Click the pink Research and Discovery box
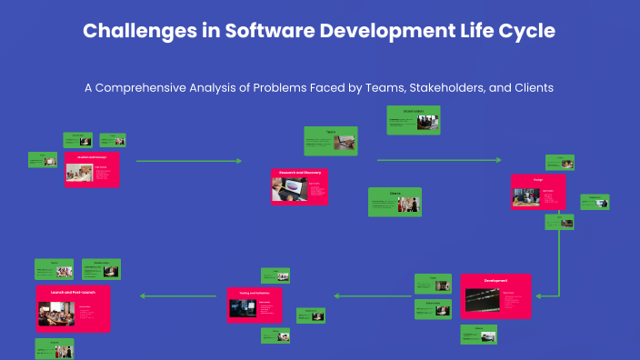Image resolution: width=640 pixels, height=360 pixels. coord(299,185)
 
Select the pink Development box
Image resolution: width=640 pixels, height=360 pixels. coord(495,297)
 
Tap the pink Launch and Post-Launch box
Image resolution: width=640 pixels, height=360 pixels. coord(73,308)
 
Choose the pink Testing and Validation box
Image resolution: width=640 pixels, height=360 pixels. coord(254,305)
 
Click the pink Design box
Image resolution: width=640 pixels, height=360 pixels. coord(537,193)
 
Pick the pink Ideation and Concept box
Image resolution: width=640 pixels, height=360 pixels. coord(92,170)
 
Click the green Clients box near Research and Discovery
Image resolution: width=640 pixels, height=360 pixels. coord(395,202)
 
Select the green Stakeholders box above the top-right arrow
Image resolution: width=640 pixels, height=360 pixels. coord(415,120)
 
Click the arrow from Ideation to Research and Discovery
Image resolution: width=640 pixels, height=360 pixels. coord(188,161)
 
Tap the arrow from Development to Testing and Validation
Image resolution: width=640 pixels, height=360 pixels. coord(372,295)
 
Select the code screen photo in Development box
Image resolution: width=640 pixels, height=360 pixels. coord(482,300)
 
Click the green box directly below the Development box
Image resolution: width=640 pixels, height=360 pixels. coord(478,335)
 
